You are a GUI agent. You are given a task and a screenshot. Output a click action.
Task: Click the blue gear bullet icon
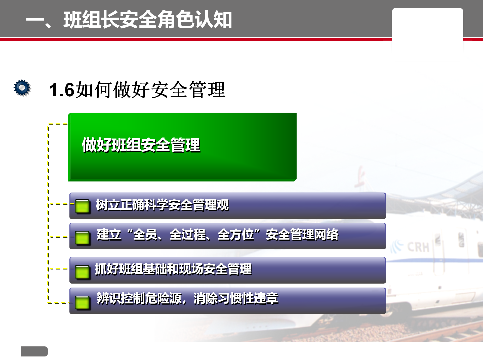tap(22, 88)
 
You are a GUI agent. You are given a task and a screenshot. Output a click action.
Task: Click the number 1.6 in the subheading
tap(62, 90)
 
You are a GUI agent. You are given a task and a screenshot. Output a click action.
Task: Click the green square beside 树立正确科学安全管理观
tap(82, 206)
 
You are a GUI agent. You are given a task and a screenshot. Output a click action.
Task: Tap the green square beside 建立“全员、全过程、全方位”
tap(82, 238)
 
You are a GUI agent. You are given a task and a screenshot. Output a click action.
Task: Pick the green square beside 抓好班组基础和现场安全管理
tap(82, 272)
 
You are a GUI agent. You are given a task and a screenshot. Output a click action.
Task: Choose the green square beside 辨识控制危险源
tap(82, 302)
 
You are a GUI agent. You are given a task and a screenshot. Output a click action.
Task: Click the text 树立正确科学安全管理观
tap(163, 205)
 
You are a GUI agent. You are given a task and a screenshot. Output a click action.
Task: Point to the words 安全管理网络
tap(302, 235)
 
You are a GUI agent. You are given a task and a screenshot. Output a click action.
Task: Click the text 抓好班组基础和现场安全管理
tap(173, 269)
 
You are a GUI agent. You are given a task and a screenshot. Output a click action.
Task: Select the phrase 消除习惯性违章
tap(236, 298)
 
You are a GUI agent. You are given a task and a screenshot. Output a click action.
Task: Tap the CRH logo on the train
tap(410, 247)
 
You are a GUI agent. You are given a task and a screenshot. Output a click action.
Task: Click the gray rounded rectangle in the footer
tap(34, 351)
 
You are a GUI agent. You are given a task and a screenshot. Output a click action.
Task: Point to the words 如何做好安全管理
tap(150, 90)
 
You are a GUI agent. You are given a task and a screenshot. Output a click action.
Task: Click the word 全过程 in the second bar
tap(187, 235)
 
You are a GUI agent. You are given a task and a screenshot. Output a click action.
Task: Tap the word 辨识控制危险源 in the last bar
tap(139, 298)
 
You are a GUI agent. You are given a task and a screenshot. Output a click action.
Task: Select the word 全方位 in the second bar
tap(236, 235)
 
